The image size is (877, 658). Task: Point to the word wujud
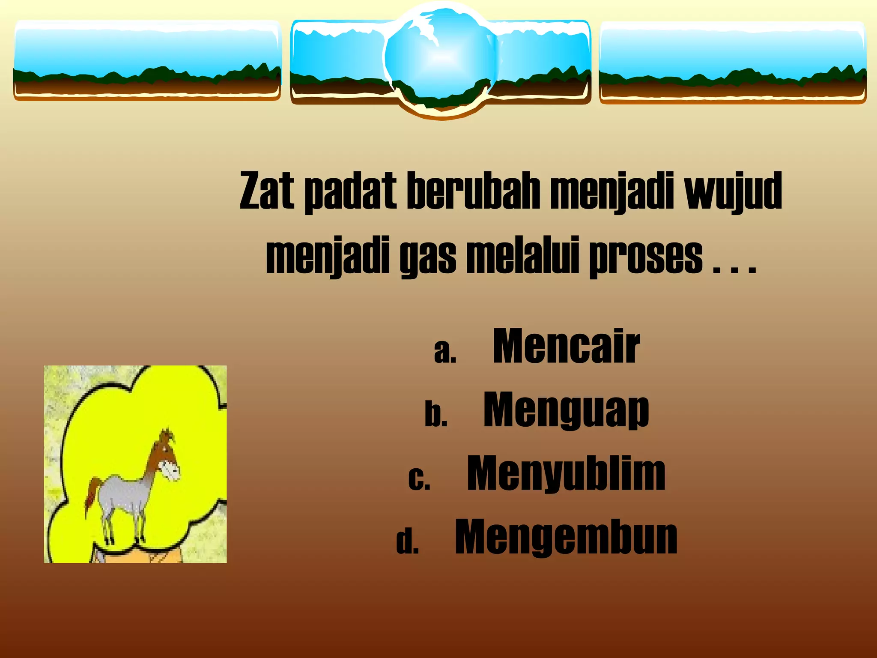[733, 191]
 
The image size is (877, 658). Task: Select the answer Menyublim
[566, 473]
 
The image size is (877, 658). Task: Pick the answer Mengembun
[566, 537]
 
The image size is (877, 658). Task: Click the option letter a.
[444, 352]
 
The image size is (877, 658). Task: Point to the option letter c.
[419, 479]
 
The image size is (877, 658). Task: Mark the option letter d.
[407, 542]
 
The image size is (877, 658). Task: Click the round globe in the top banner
[441, 58]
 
